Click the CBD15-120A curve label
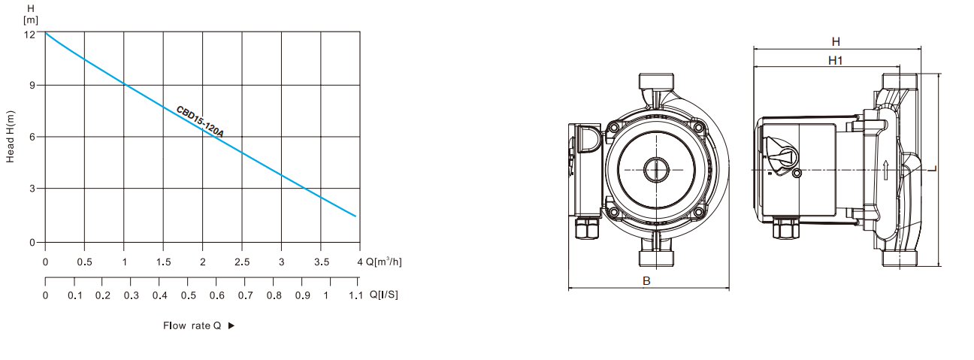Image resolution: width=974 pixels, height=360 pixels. tap(200, 122)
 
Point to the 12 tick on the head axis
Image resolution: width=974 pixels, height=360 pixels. tap(29, 35)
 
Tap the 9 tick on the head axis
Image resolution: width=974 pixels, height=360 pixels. tap(32, 85)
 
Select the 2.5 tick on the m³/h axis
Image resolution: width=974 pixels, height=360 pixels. tap(242, 262)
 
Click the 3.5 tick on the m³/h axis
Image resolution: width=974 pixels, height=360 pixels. tap(322, 262)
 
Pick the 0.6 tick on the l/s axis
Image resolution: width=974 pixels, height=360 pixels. tap(217, 295)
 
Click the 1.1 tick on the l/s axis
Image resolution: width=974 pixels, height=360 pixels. tap(355, 295)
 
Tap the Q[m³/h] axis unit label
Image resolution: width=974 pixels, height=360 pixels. tap(383, 262)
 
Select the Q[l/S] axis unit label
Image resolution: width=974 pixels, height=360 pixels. tap(383, 295)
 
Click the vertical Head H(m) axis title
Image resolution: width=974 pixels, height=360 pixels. tap(11, 137)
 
